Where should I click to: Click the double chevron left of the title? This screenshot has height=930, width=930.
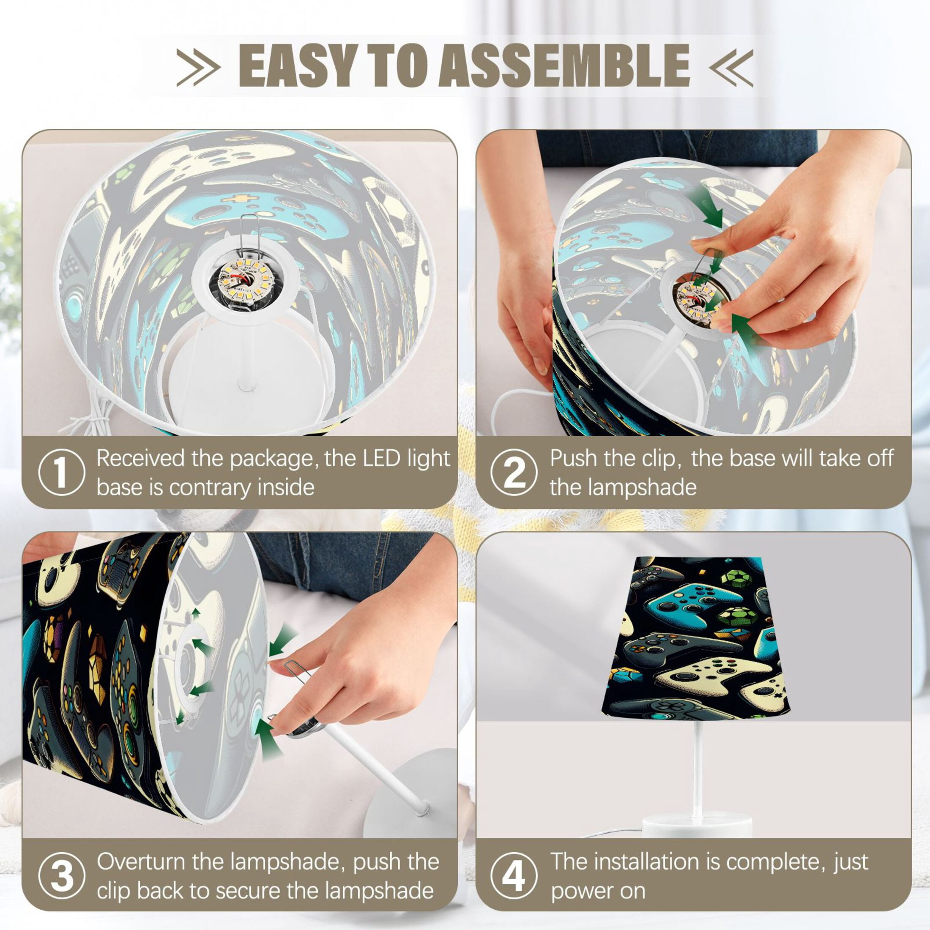point(198,67)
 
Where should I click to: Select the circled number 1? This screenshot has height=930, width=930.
point(62,472)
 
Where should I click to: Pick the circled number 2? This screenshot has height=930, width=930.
point(514,472)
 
